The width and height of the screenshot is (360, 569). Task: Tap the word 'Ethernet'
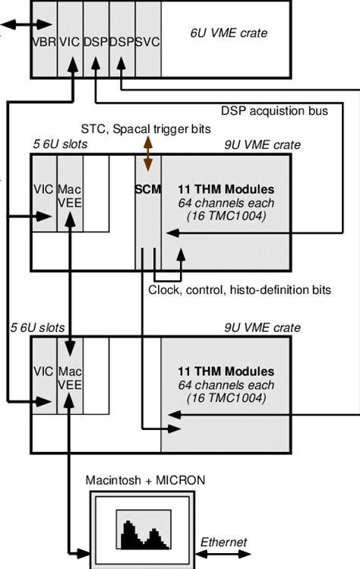224,542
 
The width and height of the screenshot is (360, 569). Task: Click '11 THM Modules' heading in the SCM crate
224,188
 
